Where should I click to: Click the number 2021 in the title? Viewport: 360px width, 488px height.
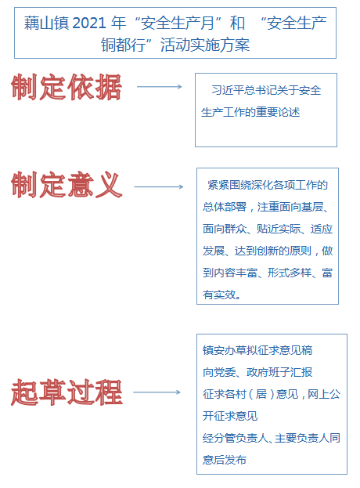click(88, 23)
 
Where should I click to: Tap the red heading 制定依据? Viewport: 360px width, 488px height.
click(66, 87)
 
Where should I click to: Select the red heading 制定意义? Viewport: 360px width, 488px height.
click(67, 185)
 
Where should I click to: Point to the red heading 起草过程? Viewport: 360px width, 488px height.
click(67, 392)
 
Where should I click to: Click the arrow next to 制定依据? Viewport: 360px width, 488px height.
click(160, 86)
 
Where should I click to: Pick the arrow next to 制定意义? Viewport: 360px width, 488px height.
click(159, 186)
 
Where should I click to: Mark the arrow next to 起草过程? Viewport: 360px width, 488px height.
click(157, 392)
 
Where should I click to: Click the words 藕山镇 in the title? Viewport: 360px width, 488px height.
click(47, 23)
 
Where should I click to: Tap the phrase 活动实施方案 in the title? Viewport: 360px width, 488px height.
click(205, 45)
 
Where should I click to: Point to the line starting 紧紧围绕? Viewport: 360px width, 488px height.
click(268, 185)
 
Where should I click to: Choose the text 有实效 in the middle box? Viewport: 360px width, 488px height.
click(219, 295)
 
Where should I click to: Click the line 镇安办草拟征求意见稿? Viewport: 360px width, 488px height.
click(257, 350)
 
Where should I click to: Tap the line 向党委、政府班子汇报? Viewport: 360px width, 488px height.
click(257, 372)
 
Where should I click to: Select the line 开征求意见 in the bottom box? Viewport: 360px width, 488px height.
click(230, 416)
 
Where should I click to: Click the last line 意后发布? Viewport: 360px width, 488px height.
click(225, 460)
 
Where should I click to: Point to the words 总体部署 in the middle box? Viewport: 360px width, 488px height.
click(225, 207)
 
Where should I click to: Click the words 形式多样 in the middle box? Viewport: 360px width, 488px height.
click(290, 273)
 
